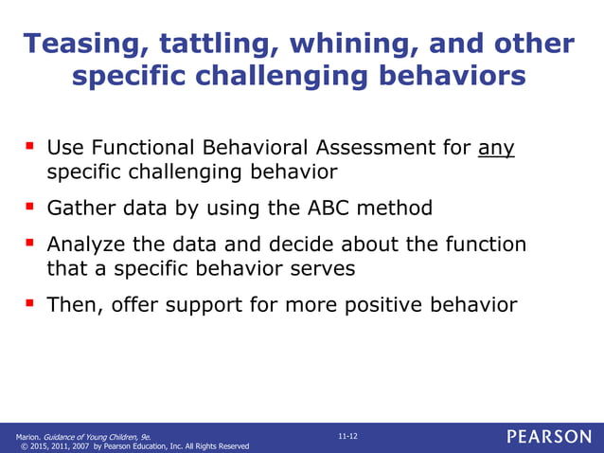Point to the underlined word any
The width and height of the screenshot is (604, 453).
[496, 149]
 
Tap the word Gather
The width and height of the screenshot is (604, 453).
[80, 208]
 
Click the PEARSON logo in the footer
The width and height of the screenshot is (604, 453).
[548, 437]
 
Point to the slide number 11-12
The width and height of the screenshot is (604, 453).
[347, 435]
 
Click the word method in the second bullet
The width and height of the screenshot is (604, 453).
[399, 208]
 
